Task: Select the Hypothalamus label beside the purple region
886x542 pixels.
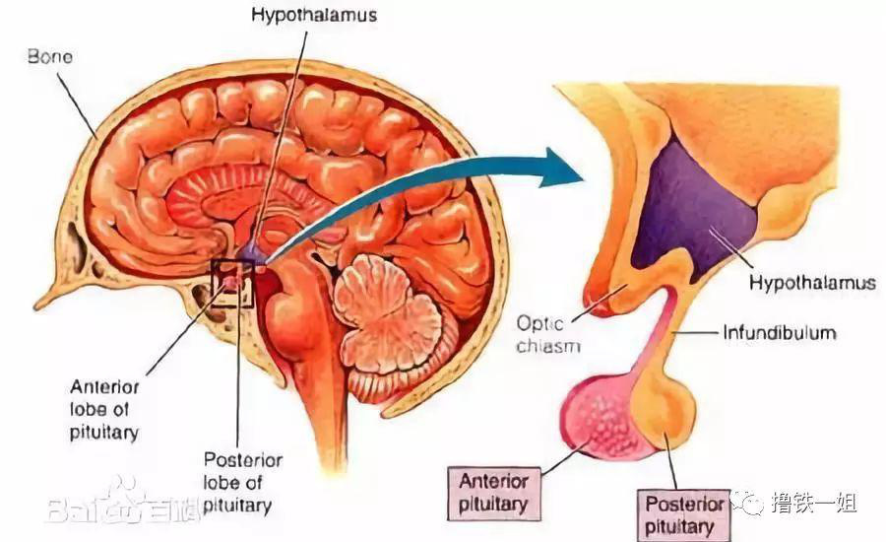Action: click(812, 284)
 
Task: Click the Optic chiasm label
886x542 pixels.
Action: click(549, 333)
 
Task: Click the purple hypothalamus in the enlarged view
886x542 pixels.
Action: click(689, 212)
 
